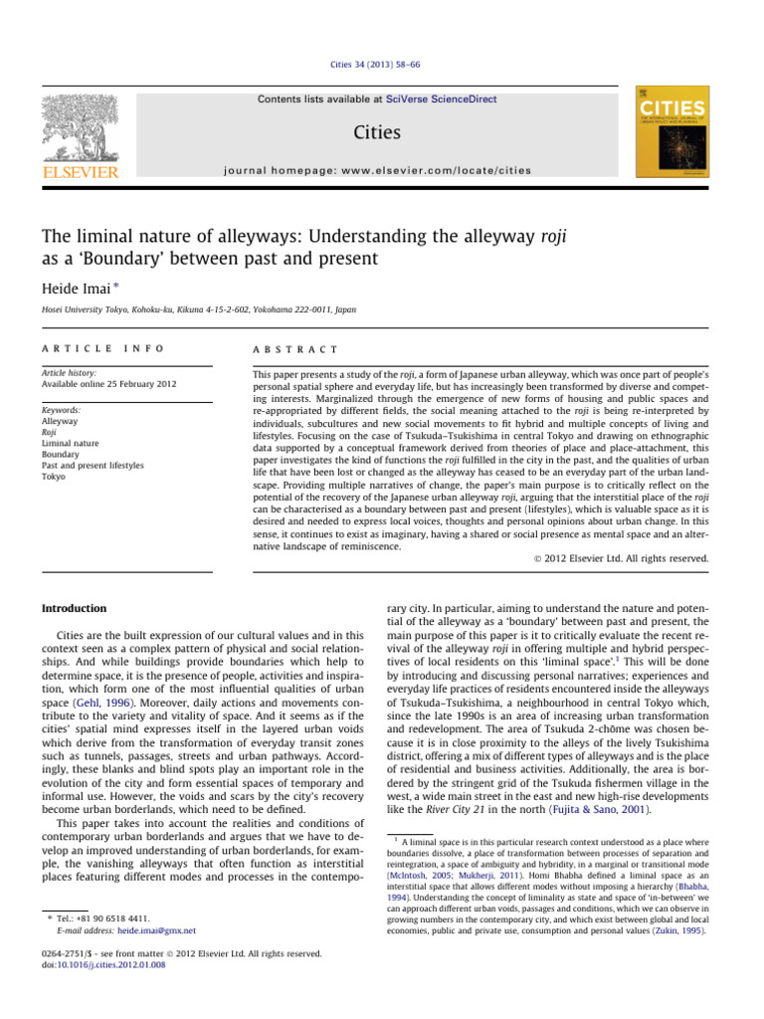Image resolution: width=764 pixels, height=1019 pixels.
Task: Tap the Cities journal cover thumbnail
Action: [671, 137]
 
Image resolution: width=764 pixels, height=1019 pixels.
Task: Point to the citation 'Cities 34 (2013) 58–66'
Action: [381, 66]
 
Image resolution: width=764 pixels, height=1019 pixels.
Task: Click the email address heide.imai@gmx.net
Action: [157, 930]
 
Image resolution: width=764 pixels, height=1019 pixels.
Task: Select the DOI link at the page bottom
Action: [101, 963]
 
